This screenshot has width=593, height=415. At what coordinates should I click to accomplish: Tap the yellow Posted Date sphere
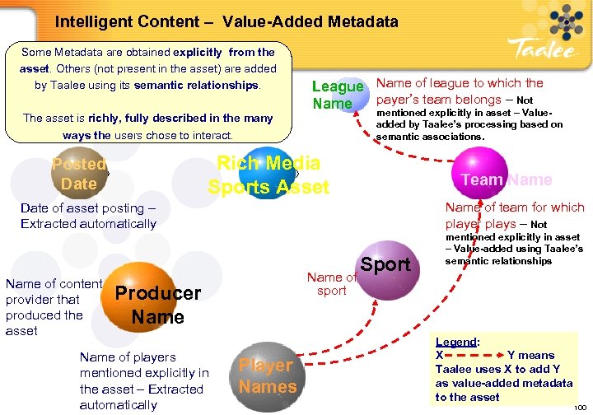[x=78, y=174]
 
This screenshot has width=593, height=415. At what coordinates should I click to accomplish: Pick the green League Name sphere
[x=338, y=95]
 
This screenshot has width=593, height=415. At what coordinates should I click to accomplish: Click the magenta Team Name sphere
[x=506, y=179]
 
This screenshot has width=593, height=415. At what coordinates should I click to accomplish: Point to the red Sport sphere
[x=385, y=265]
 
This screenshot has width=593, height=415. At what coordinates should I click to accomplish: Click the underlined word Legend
[x=455, y=342]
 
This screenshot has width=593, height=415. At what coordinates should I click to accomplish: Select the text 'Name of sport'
[x=331, y=284]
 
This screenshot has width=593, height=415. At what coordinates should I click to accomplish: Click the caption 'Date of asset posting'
[x=87, y=216]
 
